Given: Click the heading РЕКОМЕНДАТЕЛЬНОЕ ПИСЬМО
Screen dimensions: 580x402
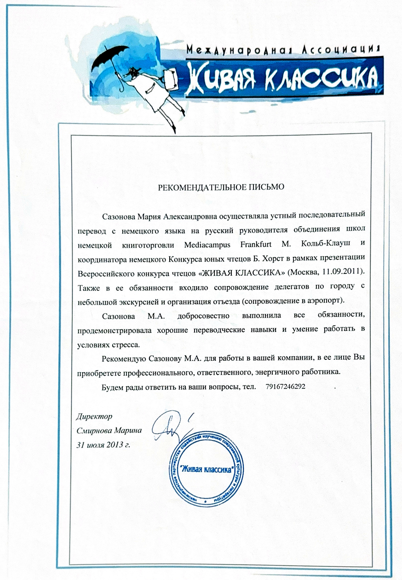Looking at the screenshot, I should (x=222, y=187).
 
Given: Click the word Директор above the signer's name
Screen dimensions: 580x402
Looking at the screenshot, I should (x=93, y=417).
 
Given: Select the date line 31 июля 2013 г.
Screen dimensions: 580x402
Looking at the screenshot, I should (x=102, y=444).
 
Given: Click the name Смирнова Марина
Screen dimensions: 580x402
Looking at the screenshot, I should (x=109, y=431).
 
